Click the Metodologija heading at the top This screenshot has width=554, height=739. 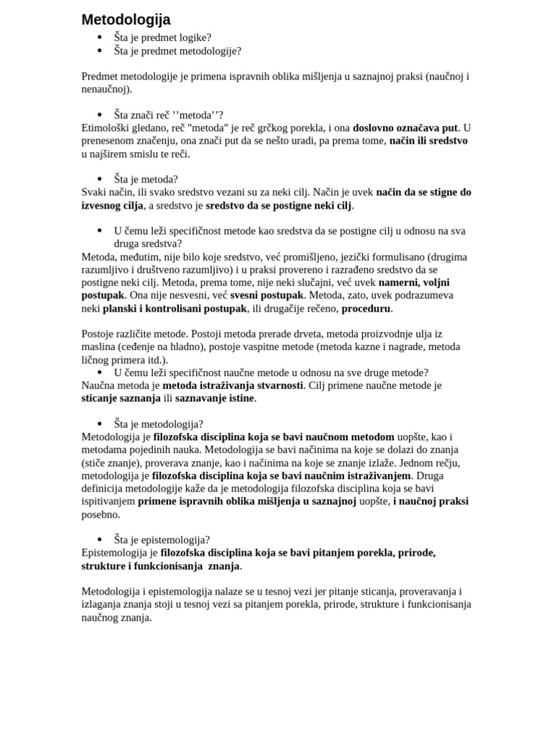click(126, 19)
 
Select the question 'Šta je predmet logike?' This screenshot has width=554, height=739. click(162, 38)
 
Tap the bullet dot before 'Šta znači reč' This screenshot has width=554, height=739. click(100, 115)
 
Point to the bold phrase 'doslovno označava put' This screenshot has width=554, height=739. click(405, 128)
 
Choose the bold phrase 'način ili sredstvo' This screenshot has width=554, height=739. click(428, 141)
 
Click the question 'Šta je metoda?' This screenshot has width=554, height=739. click(146, 179)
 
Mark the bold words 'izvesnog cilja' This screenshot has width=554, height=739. click(113, 205)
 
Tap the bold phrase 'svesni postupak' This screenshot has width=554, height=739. click(266, 295)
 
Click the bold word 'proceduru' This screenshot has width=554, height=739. click(366, 308)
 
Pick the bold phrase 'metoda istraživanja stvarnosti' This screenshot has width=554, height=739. click(232, 385)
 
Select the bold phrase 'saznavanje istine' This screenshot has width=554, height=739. click(215, 398)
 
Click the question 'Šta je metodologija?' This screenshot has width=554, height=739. click(158, 424)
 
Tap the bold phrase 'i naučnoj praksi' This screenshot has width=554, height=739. click(430, 501)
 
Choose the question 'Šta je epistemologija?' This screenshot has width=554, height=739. click(162, 540)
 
